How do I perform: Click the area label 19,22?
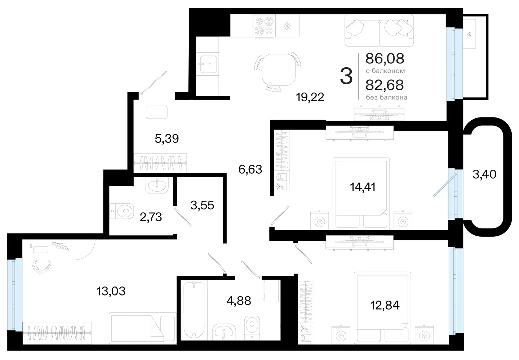tap(310, 97)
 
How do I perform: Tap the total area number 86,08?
tap(385, 58)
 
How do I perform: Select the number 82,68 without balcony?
tap(385, 85)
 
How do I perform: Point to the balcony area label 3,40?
tap(484, 174)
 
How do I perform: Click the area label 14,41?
tap(363, 187)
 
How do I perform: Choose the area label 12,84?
tap(385, 305)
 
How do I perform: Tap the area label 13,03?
tap(111, 291)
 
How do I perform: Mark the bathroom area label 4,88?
tap(239, 301)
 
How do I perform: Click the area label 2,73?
tap(151, 217)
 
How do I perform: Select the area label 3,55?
tap(202, 205)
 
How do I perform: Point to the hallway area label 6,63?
tap(250, 169)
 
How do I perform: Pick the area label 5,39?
tap(167, 138)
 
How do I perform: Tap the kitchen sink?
tap(209, 64)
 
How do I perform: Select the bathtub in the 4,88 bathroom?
tap(194, 310)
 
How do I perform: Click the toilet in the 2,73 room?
tap(122, 211)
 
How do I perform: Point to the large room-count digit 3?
tap(346, 76)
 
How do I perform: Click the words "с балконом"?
tap(385, 71)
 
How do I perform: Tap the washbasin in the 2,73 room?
tap(157, 185)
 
